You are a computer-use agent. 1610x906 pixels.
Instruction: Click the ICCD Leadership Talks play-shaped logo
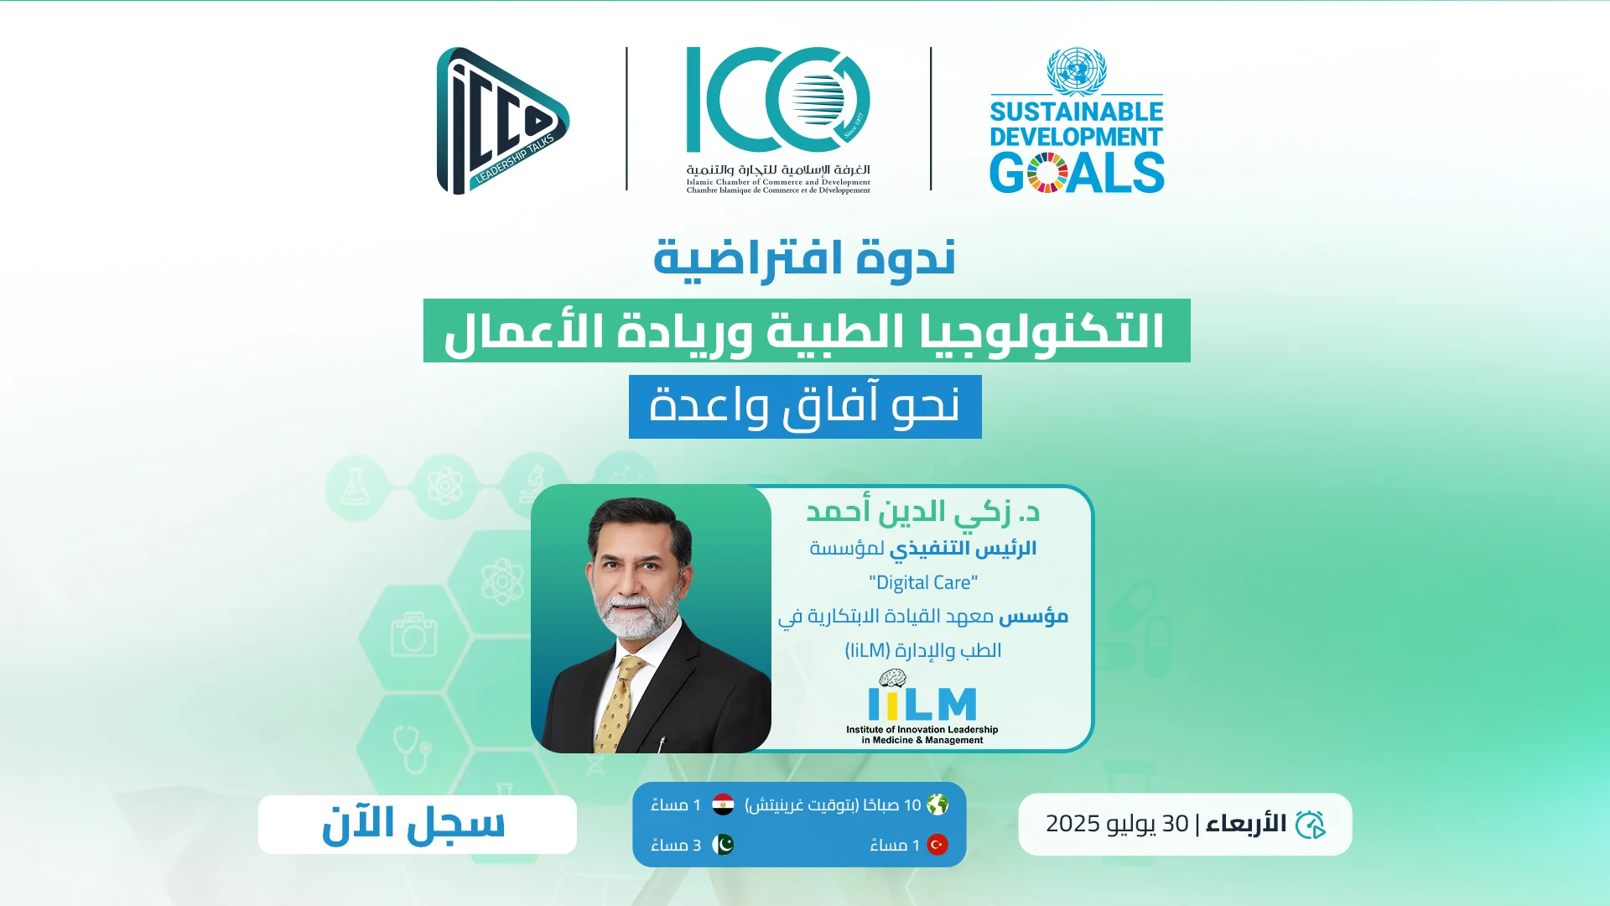point(501,121)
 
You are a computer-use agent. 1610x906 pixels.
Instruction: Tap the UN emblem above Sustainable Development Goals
point(1077,70)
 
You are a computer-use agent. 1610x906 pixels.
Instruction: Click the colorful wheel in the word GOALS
point(1047,173)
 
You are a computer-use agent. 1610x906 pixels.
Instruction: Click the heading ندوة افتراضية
point(805,258)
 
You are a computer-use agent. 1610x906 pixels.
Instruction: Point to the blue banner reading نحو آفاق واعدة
point(805,407)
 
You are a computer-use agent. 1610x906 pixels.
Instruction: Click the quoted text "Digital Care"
point(923,582)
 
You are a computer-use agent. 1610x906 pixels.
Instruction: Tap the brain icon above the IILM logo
point(892,679)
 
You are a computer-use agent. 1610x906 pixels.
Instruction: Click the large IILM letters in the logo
point(922,705)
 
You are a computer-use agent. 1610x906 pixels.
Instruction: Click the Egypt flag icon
point(723,804)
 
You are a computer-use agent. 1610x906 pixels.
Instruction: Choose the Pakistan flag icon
point(723,844)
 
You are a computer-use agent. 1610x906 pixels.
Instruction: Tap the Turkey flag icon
point(937,844)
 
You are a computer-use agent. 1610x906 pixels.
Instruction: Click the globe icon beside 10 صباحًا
point(937,804)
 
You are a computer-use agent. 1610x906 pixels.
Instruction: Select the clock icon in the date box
point(1311,825)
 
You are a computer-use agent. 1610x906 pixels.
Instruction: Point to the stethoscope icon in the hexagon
point(412,749)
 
